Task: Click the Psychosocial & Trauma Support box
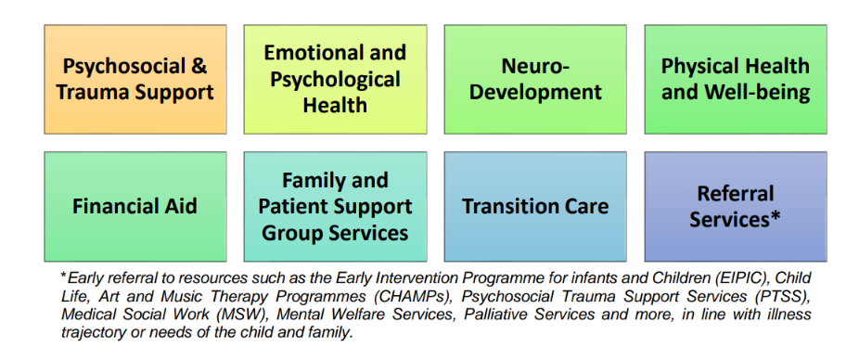(x=135, y=79)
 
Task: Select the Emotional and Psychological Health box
(x=335, y=79)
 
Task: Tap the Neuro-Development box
(x=535, y=79)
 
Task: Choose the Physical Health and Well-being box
(x=736, y=79)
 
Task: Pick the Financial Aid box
(x=135, y=207)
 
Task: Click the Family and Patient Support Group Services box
(x=335, y=207)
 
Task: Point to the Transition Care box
(x=535, y=207)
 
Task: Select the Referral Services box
(x=736, y=207)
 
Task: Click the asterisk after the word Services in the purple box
(x=775, y=218)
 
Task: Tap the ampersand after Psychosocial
(x=200, y=66)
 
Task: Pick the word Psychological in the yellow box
(x=335, y=80)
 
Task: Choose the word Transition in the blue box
(x=504, y=207)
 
